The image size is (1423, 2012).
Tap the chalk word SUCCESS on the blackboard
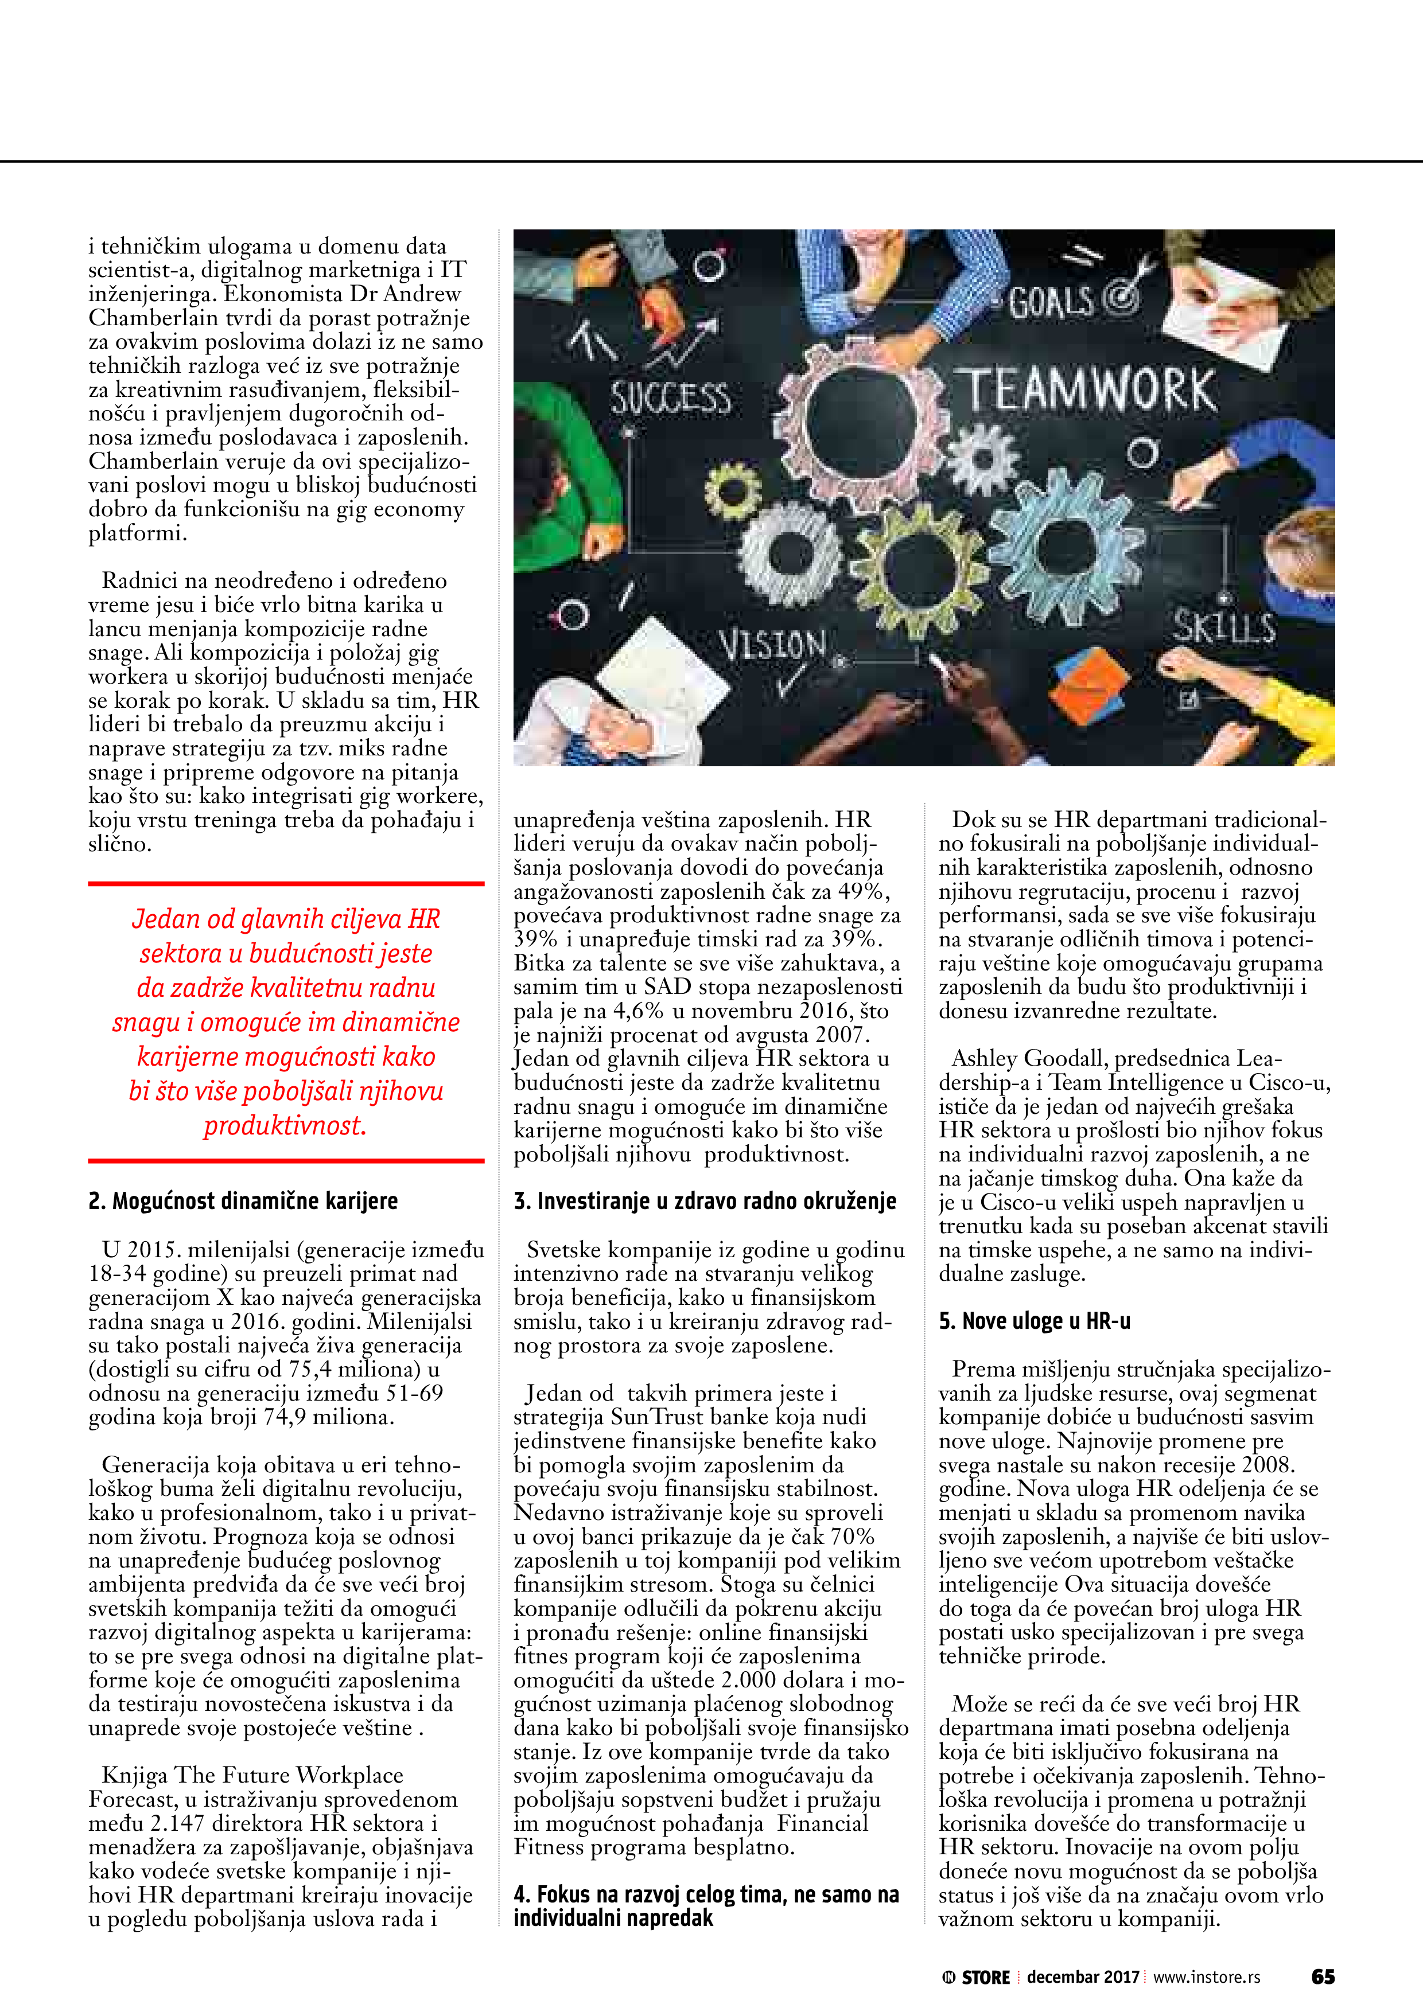pyautogui.click(x=671, y=399)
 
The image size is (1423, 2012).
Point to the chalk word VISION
pyautogui.click(x=772, y=646)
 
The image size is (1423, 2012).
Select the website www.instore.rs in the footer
pyautogui.click(x=1207, y=1977)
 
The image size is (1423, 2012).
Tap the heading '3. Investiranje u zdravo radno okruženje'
pyautogui.click(x=705, y=1200)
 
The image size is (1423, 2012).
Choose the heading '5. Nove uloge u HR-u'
pyautogui.click(x=1035, y=1321)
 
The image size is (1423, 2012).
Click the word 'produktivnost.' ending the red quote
pyautogui.click(x=285, y=1125)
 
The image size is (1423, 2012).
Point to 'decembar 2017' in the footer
pyautogui.click(x=1083, y=1977)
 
